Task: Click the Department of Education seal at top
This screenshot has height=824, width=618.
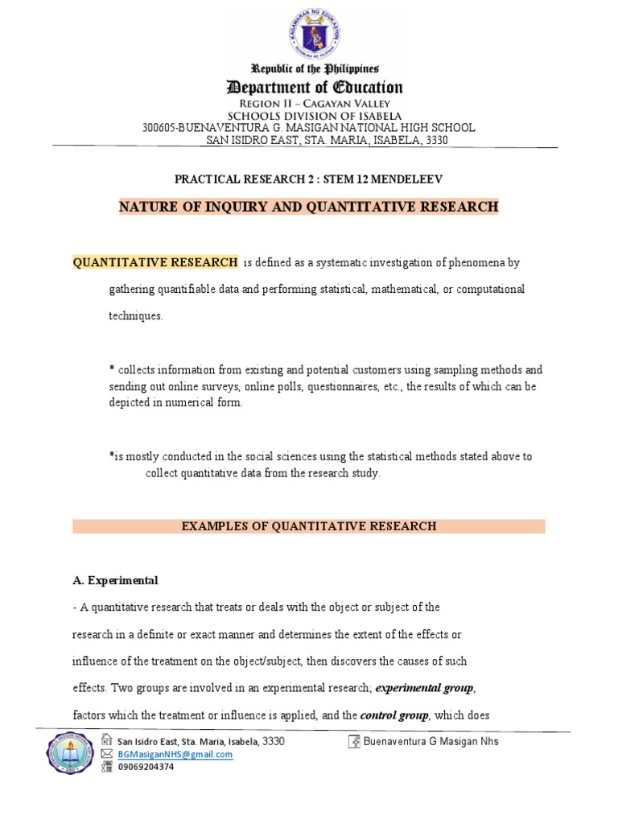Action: tap(309, 30)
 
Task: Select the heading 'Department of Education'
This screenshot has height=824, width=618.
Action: tap(315, 87)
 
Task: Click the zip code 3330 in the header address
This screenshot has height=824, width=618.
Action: tap(435, 140)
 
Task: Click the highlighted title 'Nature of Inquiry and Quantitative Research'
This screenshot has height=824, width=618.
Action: tap(309, 208)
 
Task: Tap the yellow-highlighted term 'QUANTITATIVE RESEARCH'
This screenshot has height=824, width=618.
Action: tap(155, 262)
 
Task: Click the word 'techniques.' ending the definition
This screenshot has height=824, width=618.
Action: tap(136, 316)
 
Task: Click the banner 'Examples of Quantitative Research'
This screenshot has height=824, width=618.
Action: tap(309, 526)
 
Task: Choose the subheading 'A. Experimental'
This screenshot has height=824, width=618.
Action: tap(115, 580)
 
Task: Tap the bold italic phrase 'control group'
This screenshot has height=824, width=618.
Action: tap(395, 715)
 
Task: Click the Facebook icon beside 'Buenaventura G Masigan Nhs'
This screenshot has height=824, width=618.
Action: tap(353, 741)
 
